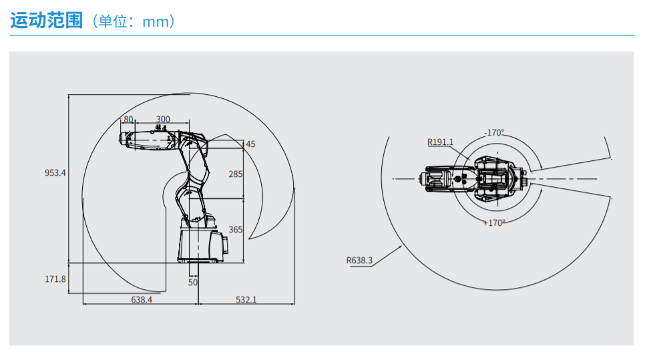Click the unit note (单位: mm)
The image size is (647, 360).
pos(132,21)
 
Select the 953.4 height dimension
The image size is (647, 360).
pos(55,172)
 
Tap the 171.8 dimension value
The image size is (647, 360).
pos(55,279)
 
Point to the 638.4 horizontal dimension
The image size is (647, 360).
pos(141,300)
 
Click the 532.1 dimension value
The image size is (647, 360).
pos(246,300)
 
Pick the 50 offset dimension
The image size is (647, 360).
pos(193,283)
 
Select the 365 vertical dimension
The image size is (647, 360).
pos(236,229)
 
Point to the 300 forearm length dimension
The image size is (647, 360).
pos(162,120)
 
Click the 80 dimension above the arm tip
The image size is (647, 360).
pos(128,120)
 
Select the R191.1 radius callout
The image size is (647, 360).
pos(441,142)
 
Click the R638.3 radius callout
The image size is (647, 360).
pos(359,260)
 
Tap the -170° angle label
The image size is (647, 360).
pos(494,132)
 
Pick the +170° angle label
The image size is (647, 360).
pos(494,222)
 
